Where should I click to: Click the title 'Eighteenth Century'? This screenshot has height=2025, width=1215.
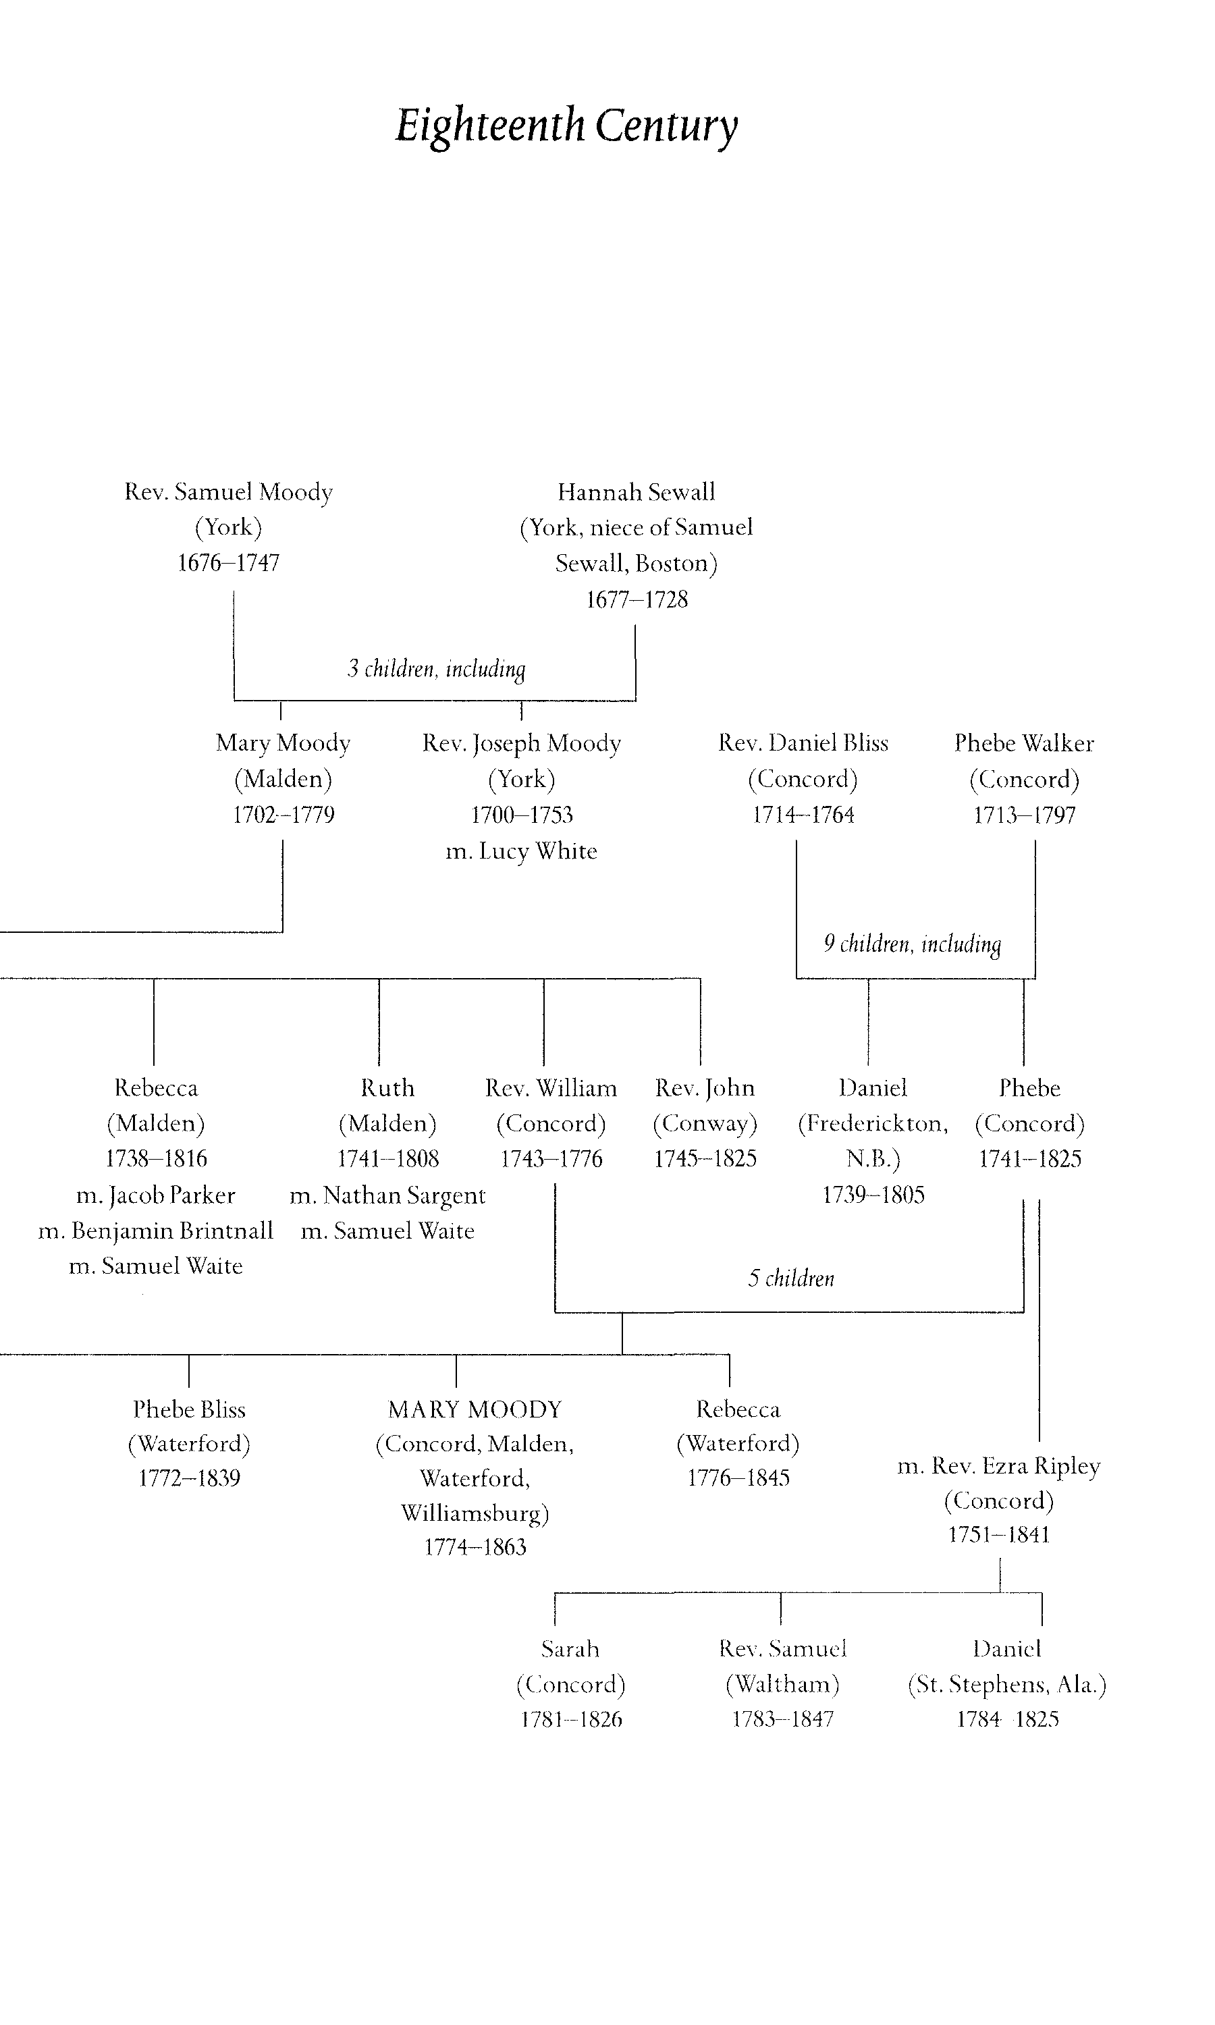coord(566,126)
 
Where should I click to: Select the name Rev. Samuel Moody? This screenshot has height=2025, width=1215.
coord(228,492)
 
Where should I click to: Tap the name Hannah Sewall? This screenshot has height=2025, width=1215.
coord(636,492)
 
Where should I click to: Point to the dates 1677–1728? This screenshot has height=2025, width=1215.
coord(636,600)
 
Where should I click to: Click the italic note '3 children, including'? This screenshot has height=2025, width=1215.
coord(435,669)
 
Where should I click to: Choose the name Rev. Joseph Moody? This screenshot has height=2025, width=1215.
coord(522,743)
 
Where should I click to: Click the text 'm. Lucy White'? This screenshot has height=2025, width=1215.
coord(522,851)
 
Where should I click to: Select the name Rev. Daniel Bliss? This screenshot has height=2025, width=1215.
coord(803,743)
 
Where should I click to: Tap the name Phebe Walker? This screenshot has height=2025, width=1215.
coord(1024,743)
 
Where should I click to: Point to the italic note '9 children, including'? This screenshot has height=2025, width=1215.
coord(912,944)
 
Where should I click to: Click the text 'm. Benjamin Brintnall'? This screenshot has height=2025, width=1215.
coord(155,1231)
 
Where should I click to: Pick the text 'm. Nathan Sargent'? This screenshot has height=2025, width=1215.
coord(387,1196)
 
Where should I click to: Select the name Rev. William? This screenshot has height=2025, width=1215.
coord(551,1088)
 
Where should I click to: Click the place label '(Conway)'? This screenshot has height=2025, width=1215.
coord(705,1124)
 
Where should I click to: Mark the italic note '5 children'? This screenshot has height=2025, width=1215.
coord(791,1278)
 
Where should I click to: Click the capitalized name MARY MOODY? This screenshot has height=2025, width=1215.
coord(475,1409)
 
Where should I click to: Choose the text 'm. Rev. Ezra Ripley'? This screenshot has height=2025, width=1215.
coord(999,1466)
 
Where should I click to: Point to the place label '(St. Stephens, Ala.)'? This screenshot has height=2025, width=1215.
coord(1007,1685)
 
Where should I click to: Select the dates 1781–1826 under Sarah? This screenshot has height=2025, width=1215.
coord(570,1720)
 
